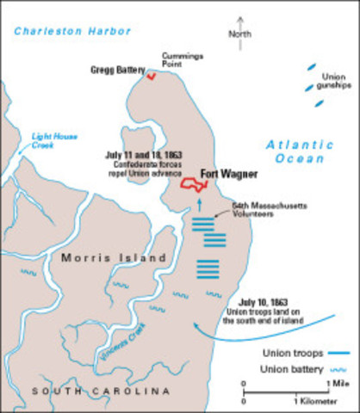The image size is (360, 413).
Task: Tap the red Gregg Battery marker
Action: point(152,77)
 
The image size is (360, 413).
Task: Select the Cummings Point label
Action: point(181,61)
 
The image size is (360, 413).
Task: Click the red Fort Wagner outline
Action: point(189,182)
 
